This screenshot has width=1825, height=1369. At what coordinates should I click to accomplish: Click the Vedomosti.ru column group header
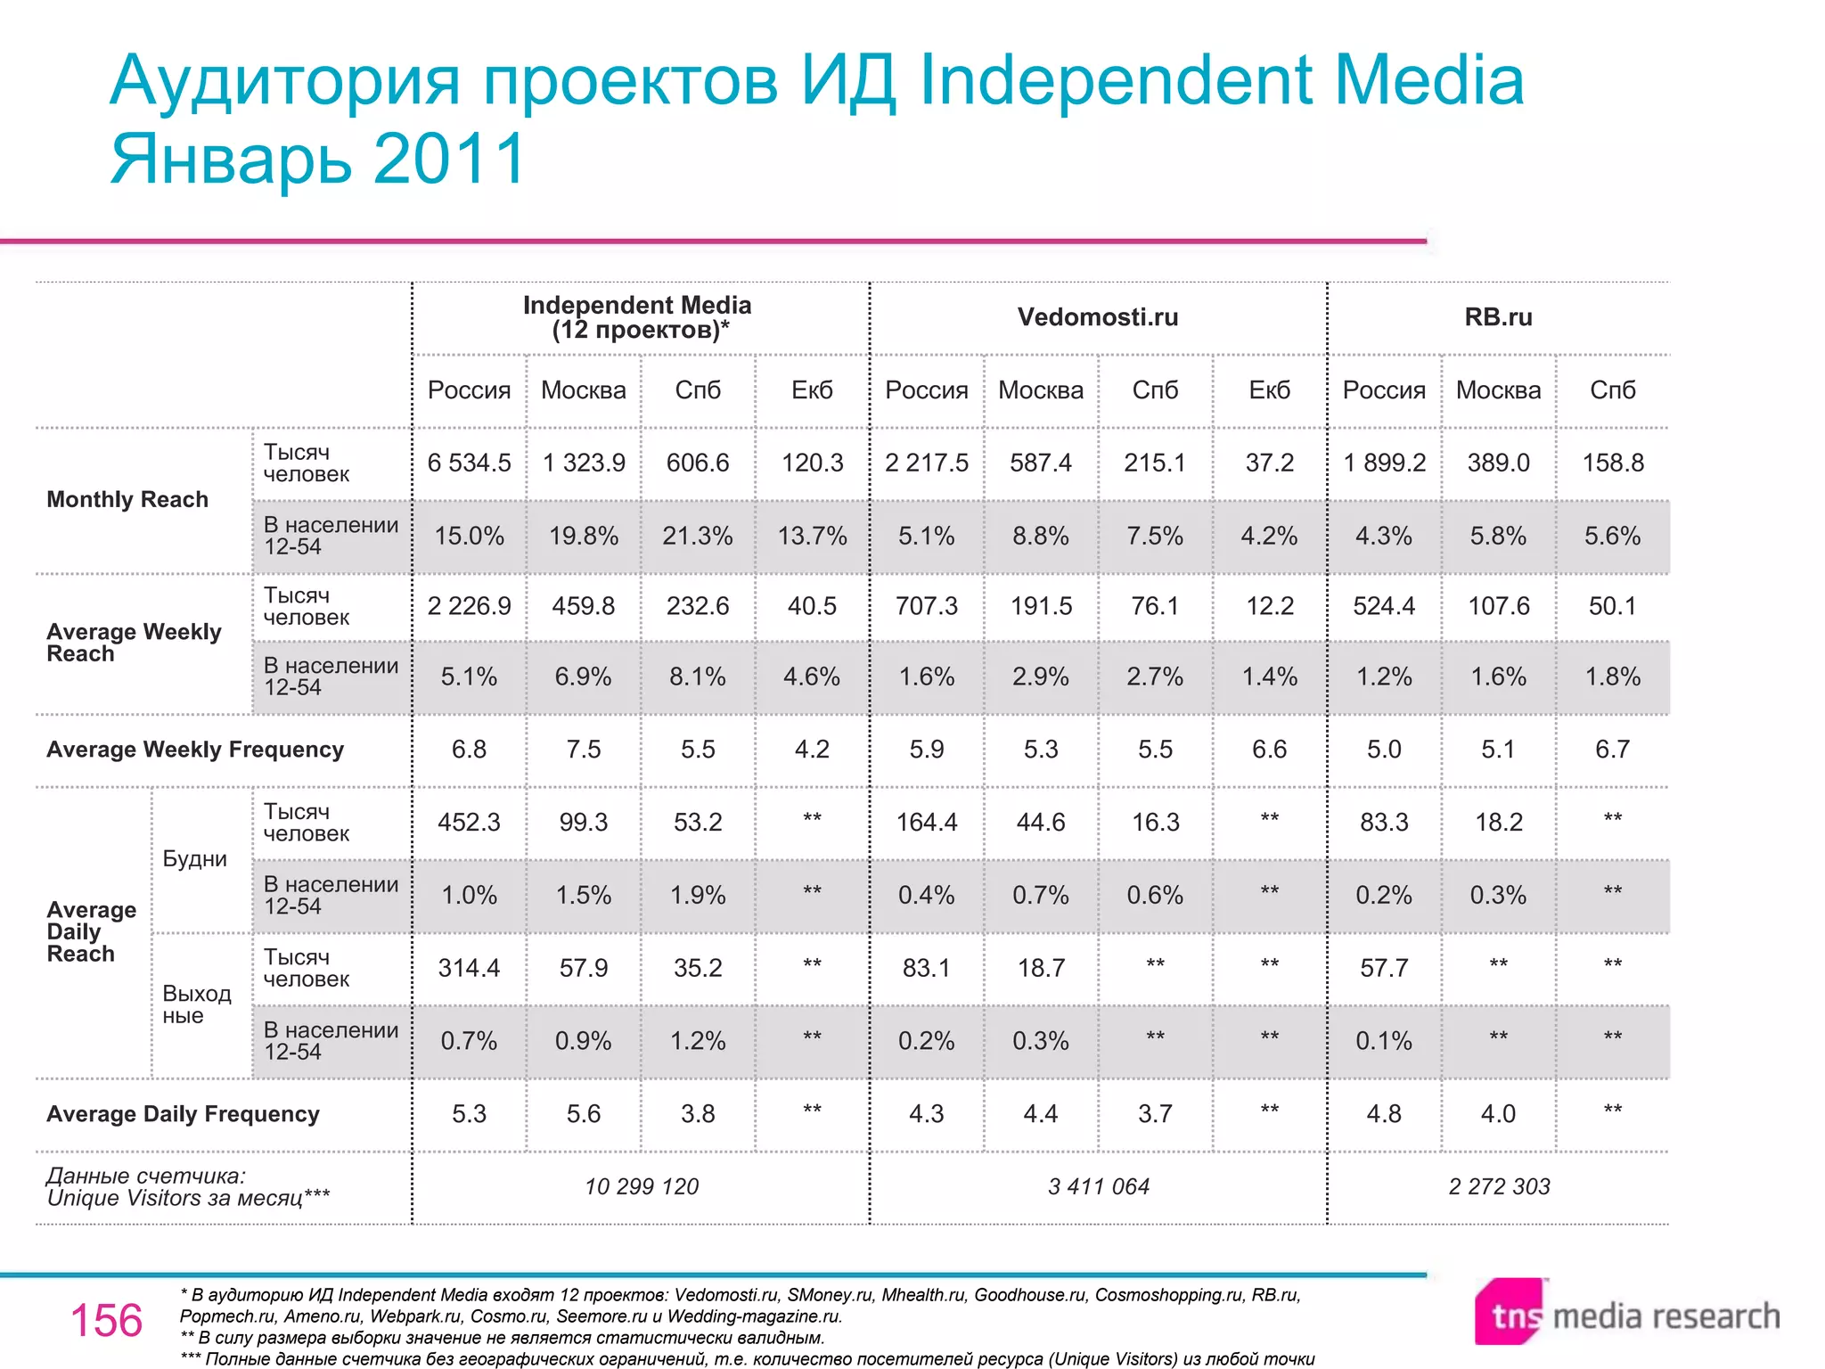click(1097, 317)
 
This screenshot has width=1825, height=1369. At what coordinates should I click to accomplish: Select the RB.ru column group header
click(1498, 317)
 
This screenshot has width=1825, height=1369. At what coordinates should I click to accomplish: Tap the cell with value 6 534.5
click(469, 463)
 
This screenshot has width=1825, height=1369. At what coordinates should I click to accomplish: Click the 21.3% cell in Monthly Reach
click(697, 536)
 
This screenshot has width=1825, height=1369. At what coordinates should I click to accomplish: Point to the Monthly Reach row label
click(127, 499)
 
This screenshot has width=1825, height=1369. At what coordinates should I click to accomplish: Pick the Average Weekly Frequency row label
click(195, 750)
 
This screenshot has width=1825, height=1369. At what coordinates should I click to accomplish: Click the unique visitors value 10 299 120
click(642, 1186)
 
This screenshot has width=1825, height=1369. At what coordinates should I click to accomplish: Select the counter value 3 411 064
click(1098, 1186)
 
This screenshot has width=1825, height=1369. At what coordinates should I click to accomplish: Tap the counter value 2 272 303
click(1499, 1186)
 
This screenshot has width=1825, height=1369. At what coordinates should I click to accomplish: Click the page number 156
click(106, 1320)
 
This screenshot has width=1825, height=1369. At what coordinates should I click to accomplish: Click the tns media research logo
click(1626, 1315)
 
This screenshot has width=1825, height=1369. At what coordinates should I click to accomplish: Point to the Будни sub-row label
click(194, 859)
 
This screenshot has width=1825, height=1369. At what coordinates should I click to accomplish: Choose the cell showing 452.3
click(469, 822)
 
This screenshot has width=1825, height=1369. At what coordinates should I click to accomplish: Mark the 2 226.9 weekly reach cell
click(469, 606)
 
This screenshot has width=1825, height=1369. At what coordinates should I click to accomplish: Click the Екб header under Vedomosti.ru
click(1269, 390)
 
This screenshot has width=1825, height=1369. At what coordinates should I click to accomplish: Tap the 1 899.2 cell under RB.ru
click(1384, 463)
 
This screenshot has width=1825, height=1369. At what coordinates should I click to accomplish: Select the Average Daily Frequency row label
click(183, 1114)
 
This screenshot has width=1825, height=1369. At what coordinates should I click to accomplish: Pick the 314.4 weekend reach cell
click(469, 968)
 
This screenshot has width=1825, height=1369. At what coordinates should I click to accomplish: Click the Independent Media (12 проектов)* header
click(637, 317)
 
